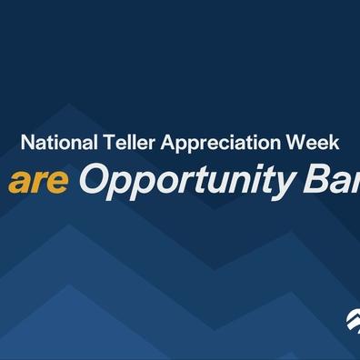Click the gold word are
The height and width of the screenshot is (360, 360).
pos(39,182)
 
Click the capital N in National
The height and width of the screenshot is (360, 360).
pos(26,144)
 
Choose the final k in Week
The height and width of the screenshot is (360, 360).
pos(335,144)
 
